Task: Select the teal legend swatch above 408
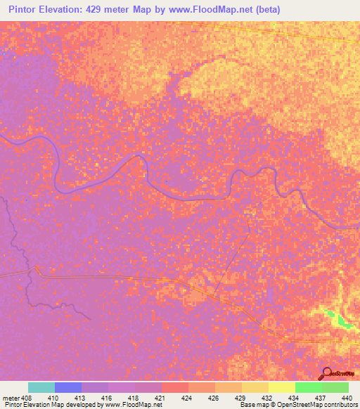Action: click(41, 387)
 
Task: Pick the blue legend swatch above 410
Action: click(68, 387)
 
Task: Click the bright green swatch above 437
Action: click(309, 387)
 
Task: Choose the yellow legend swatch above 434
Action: click(282, 387)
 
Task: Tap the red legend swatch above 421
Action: click(175, 387)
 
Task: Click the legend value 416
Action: click(107, 397)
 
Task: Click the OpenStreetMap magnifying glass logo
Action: click(326, 373)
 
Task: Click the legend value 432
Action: click(266, 397)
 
